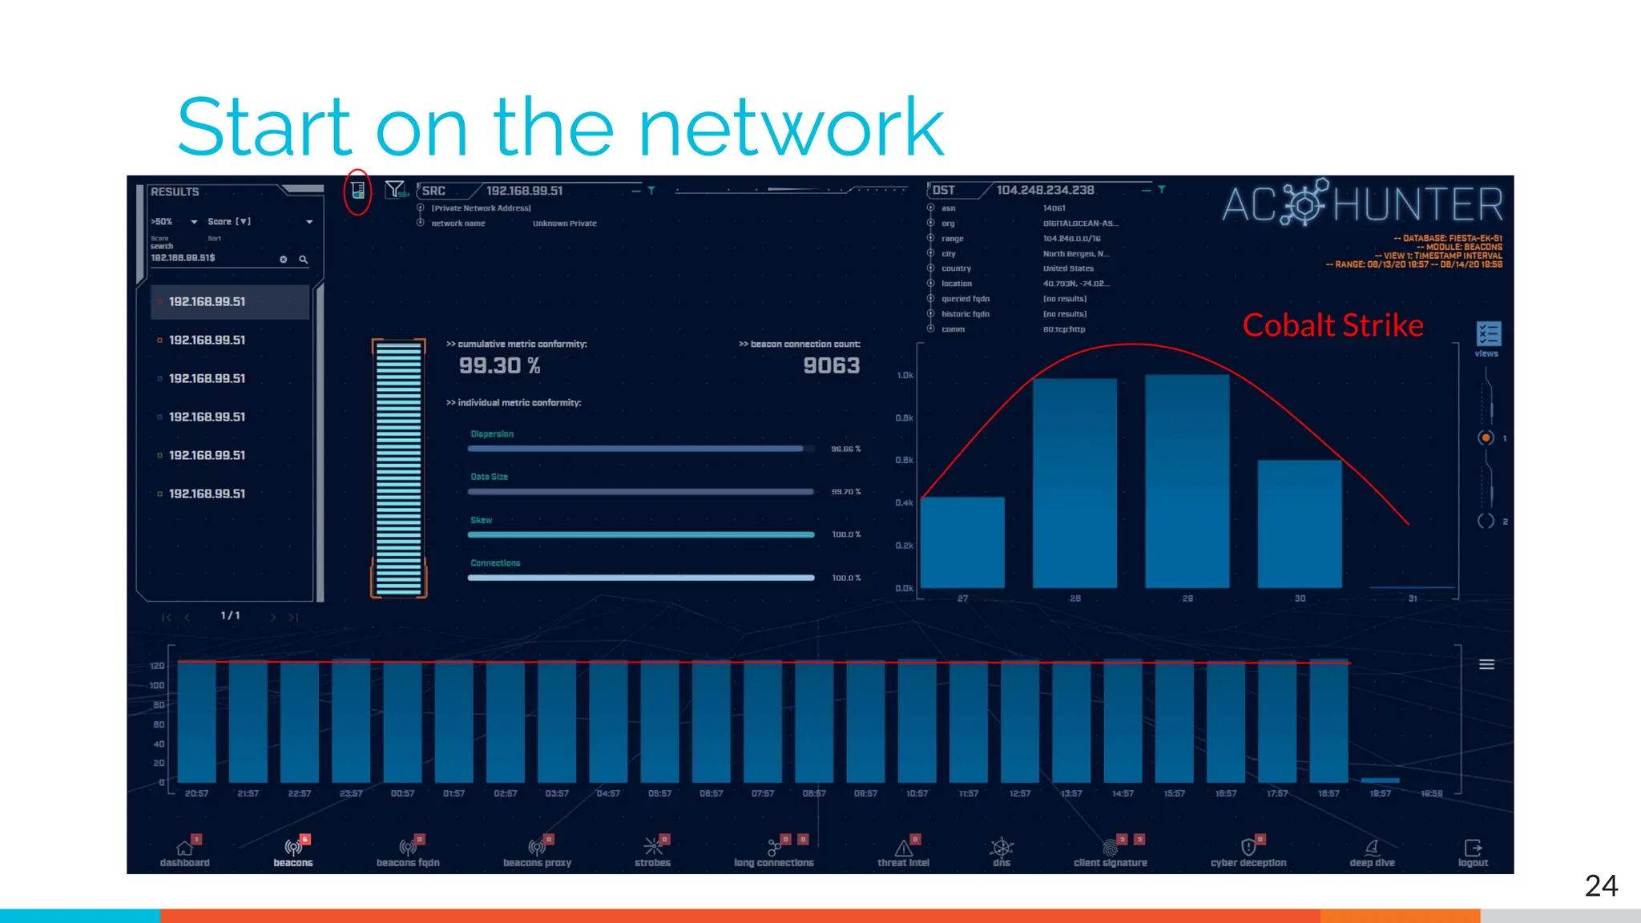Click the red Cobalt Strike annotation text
point(1333,325)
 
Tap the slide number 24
point(1601,885)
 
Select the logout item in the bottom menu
point(1473,852)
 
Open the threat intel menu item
point(903,852)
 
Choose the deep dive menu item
point(1372,852)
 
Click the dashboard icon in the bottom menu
point(184,848)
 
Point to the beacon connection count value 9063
point(831,366)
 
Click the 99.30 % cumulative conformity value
point(499,366)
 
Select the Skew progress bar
point(641,534)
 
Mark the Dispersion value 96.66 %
point(845,449)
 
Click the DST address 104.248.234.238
point(1045,191)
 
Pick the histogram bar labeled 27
point(962,542)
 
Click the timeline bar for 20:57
point(196,721)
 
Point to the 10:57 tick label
point(917,794)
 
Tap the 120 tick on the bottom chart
point(157,666)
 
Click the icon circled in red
point(357,191)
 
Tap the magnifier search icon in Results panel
point(304,260)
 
